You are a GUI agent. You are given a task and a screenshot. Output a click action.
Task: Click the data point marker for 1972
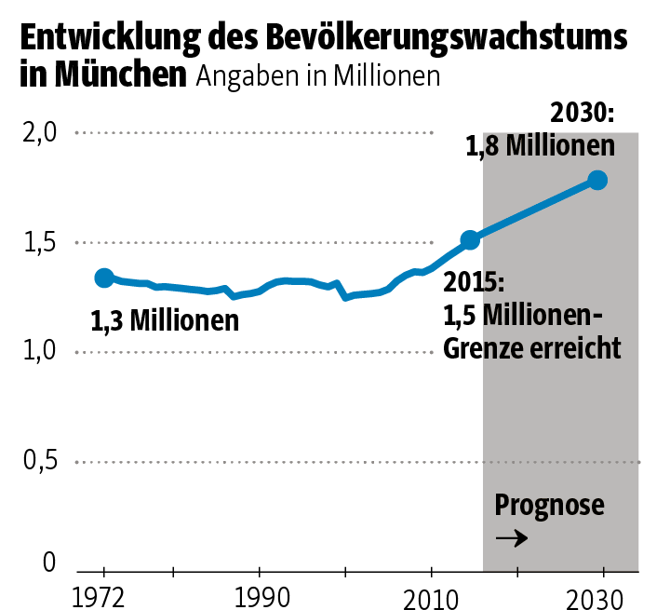tap(104, 278)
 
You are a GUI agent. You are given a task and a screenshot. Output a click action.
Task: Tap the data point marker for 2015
tap(471, 240)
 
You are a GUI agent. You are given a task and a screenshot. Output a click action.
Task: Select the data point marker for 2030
tap(597, 180)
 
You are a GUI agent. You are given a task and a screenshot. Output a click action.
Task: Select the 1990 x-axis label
tap(259, 596)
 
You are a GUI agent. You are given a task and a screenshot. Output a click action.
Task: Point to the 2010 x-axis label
tap(432, 596)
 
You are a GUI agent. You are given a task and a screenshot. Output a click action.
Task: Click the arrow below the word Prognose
tap(512, 538)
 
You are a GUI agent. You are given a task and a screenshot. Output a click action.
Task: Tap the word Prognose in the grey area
tap(550, 506)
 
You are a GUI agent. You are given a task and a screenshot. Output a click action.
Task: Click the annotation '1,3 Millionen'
tap(165, 321)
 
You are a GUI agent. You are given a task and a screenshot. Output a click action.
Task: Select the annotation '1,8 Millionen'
tap(541, 146)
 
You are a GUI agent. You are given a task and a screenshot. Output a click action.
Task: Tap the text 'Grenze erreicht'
tap(531, 348)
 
